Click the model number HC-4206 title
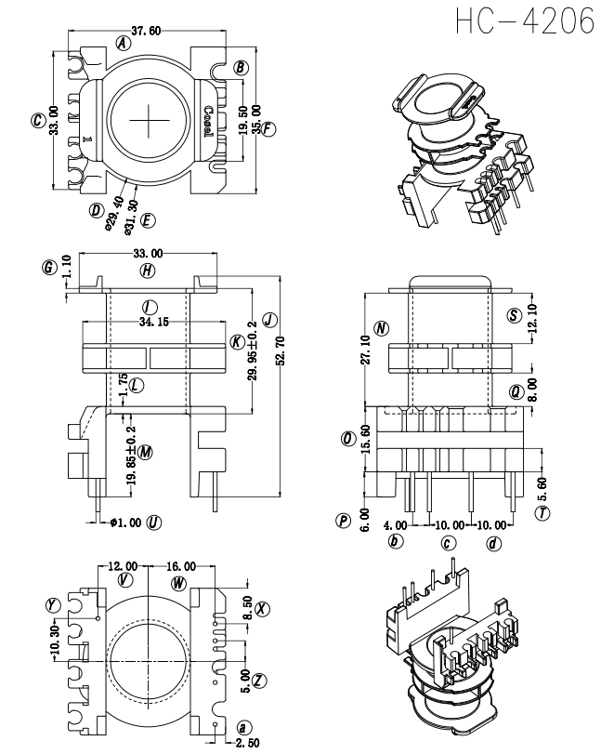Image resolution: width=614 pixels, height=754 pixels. pyautogui.click(x=525, y=22)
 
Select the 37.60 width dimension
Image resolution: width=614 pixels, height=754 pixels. pyautogui.click(x=146, y=32)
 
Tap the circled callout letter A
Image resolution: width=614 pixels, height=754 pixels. pyautogui.click(x=124, y=44)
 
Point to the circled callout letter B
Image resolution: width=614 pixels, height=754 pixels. pyautogui.click(x=242, y=68)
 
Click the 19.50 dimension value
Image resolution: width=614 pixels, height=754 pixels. pyautogui.click(x=243, y=120)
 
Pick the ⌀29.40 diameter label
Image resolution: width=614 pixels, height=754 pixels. pyautogui.click(x=114, y=213)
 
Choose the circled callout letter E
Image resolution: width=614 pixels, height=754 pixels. pyautogui.click(x=148, y=220)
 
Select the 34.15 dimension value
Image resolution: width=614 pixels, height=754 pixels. pyautogui.click(x=154, y=322)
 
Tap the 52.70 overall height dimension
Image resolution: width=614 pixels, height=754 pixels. pyautogui.click(x=281, y=351)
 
